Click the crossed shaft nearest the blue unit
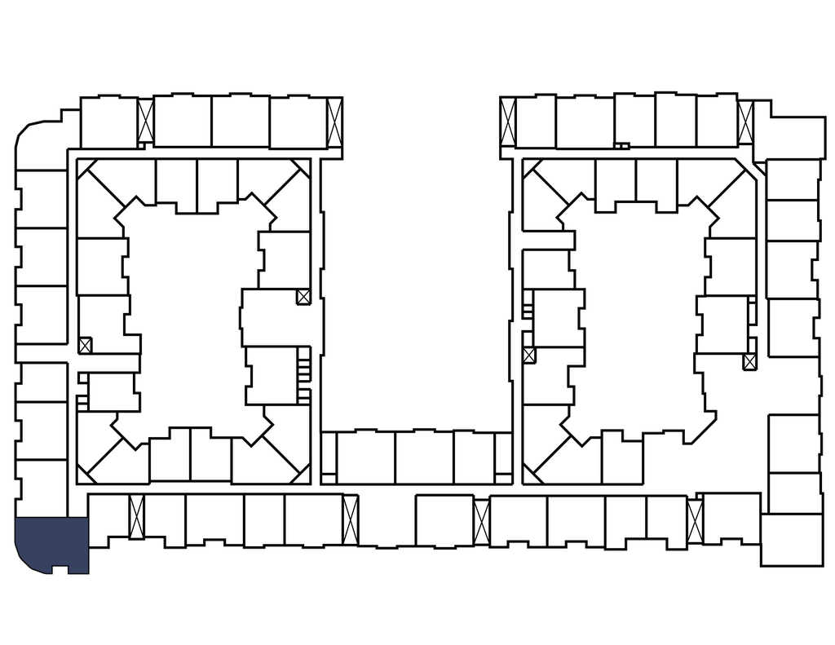(x=136, y=517)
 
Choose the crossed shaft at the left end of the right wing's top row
(x=507, y=123)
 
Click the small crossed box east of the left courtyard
(x=303, y=297)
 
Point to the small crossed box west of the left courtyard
(x=86, y=344)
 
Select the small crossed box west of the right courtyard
(x=529, y=356)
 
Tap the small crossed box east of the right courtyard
(x=750, y=360)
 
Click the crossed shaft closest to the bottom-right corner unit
(x=695, y=516)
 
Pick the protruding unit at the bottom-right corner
(x=792, y=538)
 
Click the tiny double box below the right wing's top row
(x=621, y=147)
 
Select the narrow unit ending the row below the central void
(x=503, y=457)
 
